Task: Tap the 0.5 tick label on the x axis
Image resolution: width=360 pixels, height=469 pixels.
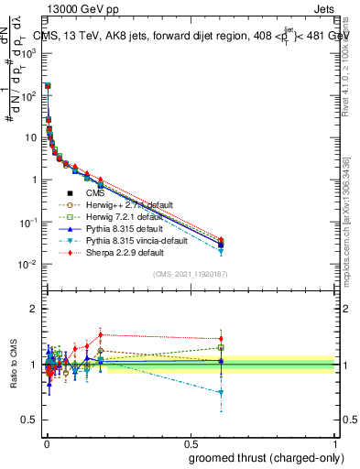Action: (190, 443)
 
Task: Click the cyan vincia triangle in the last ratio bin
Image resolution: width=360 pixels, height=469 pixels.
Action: (221, 392)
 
